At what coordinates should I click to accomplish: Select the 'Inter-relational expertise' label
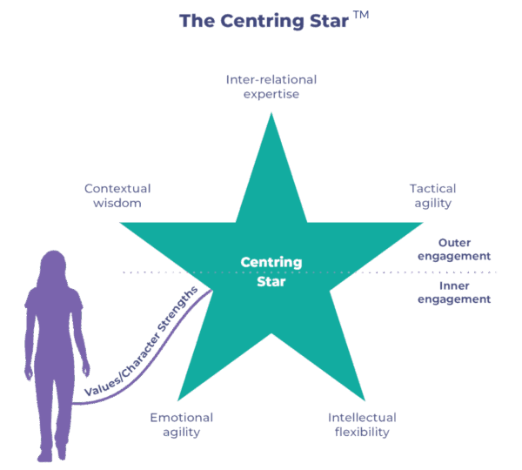(271, 86)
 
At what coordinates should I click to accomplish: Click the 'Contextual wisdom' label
(117, 195)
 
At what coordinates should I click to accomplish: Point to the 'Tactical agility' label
(432, 195)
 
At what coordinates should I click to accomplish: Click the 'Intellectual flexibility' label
(362, 424)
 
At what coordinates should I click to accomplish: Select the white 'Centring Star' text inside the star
(271, 272)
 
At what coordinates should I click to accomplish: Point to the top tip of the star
(271, 114)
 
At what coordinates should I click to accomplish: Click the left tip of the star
(119, 223)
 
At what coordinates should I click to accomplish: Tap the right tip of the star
(424, 223)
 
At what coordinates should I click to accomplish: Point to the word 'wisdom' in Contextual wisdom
(112, 203)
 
